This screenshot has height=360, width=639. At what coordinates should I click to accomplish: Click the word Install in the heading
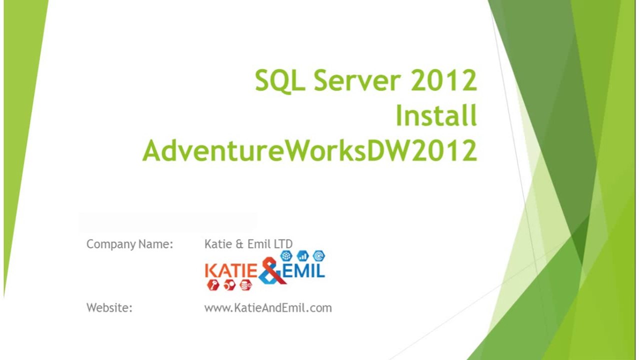click(x=436, y=115)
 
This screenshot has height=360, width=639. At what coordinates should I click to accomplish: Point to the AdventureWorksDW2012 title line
click(x=309, y=150)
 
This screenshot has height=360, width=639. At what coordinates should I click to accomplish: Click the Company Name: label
click(x=129, y=244)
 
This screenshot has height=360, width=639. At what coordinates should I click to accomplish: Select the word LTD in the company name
click(x=283, y=244)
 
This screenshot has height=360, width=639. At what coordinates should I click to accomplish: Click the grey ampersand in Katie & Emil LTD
click(x=239, y=244)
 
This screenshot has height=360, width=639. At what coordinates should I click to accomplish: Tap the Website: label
click(x=109, y=307)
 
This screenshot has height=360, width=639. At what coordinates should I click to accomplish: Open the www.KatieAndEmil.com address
click(x=268, y=307)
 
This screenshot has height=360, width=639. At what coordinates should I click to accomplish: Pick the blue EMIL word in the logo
click(x=304, y=271)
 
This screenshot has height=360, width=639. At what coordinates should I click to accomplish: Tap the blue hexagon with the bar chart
click(x=302, y=256)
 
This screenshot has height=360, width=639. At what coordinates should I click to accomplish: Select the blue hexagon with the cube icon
click(x=286, y=256)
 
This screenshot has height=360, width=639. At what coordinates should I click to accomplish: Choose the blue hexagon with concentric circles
click(x=318, y=256)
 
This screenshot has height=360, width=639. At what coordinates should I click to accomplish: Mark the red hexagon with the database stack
click(x=245, y=285)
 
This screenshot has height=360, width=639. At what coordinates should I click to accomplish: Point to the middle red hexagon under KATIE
click(x=229, y=285)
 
